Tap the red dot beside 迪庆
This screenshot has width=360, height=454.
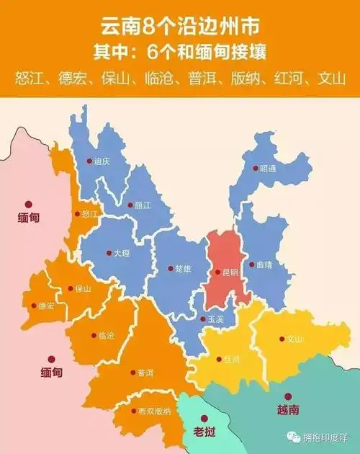[89, 161]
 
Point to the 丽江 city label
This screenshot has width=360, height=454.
[143, 205]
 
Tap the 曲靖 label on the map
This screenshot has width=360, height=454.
[265, 264]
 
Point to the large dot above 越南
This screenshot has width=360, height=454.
[287, 396]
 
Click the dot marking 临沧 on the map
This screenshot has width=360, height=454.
[91, 335]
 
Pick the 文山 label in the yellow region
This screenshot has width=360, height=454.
[294, 339]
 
